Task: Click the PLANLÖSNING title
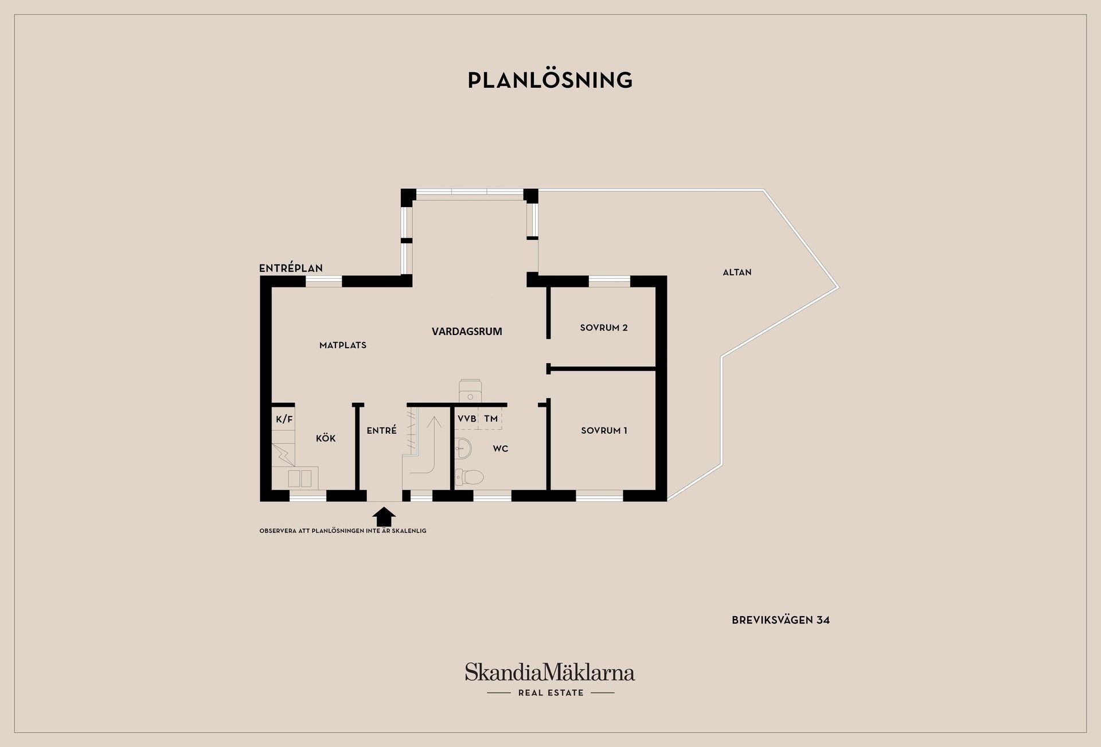tap(550, 80)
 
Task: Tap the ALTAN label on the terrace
tap(737, 273)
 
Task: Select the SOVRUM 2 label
tap(604, 328)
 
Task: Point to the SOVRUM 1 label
tap(604, 430)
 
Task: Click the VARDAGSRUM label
tap(467, 331)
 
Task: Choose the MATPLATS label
tap(343, 345)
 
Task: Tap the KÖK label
tap(326, 438)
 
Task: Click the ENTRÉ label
tap(381, 430)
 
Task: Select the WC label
tap(500, 449)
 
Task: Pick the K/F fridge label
tap(284, 419)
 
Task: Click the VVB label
tap(467, 419)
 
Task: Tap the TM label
tap(491, 419)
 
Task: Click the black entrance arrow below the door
tap(384, 516)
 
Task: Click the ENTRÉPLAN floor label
tap(291, 268)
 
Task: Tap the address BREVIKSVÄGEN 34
tap(780, 620)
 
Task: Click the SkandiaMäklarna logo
tap(550, 672)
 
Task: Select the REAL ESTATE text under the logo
tap(550, 693)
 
